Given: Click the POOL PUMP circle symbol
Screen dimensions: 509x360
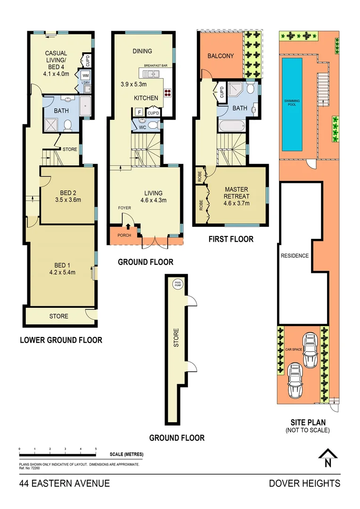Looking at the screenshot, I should coord(177,285).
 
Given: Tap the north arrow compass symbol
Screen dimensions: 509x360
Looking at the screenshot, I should coord(328,458).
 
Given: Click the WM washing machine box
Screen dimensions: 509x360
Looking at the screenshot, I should coord(85,75).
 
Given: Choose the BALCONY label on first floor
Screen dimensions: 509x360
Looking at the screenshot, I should coord(221,56).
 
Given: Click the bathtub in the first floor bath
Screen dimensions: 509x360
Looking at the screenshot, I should coord(231,126).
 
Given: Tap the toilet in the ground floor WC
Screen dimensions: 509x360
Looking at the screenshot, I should coord(152,125).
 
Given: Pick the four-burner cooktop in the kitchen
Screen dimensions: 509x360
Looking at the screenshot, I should coord(167,92).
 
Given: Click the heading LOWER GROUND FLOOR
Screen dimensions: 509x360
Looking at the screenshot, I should coord(61,340).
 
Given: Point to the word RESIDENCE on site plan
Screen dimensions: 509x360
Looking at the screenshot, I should coord(295,256).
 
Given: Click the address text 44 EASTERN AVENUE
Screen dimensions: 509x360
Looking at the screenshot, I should coord(65,483).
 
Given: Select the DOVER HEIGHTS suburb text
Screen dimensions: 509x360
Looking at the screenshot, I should coord(304,483).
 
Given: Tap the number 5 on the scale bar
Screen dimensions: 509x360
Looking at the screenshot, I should coord(96,449).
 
